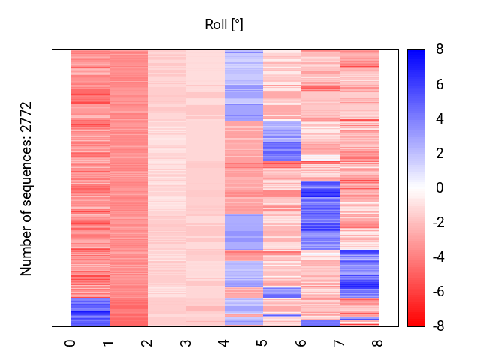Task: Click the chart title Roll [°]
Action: pos(224,25)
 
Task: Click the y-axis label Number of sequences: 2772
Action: pos(27,188)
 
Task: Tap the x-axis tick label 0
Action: pos(71,343)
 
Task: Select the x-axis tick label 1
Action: pos(109,343)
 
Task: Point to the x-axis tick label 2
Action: pos(148,343)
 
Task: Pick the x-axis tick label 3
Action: pos(186,343)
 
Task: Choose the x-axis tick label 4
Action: pos(224,343)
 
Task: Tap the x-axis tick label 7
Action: pos(340,343)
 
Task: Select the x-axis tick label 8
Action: pos(378,343)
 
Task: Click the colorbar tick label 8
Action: pos(439,49)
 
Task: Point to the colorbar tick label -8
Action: pos(437,326)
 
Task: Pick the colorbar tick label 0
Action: pos(439,187)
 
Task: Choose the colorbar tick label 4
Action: pos(439,118)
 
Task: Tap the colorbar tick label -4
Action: pos(437,257)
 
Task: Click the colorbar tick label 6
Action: pos(439,84)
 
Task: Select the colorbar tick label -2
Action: pos(437,223)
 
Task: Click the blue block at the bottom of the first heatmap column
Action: pos(90,311)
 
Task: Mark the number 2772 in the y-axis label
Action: pos(27,118)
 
